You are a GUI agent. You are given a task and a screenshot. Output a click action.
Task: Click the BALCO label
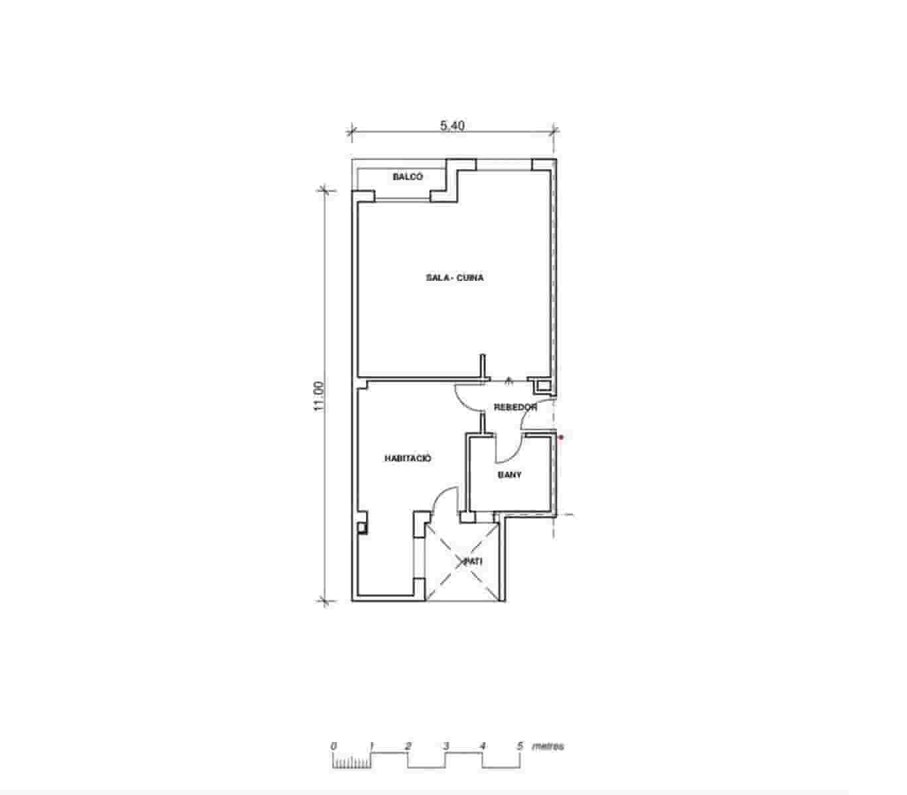click(x=407, y=177)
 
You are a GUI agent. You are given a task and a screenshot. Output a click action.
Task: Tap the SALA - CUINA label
click(x=454, y=278)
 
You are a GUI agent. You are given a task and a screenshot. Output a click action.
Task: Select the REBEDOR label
click(x=515, y=407)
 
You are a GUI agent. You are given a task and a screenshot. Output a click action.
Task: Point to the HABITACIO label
click(x=408, y=458)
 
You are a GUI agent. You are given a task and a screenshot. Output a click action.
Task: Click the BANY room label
click(x=509, y=475)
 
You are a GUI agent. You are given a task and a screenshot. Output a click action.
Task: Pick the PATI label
click(x=473, y=560)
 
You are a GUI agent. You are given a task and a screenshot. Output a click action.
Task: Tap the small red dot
click(x=561, y=437)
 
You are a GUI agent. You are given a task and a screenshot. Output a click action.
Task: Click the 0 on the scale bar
click(x=333, y=746)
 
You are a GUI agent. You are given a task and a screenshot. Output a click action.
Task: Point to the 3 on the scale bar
click(x=446, y=746)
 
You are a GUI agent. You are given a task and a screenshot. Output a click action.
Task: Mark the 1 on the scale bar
click(x=372, y=746)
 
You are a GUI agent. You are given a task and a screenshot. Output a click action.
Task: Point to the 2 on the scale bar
click(x=408, y=746)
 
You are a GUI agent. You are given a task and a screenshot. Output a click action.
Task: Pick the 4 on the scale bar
click(x=483, y=746)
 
